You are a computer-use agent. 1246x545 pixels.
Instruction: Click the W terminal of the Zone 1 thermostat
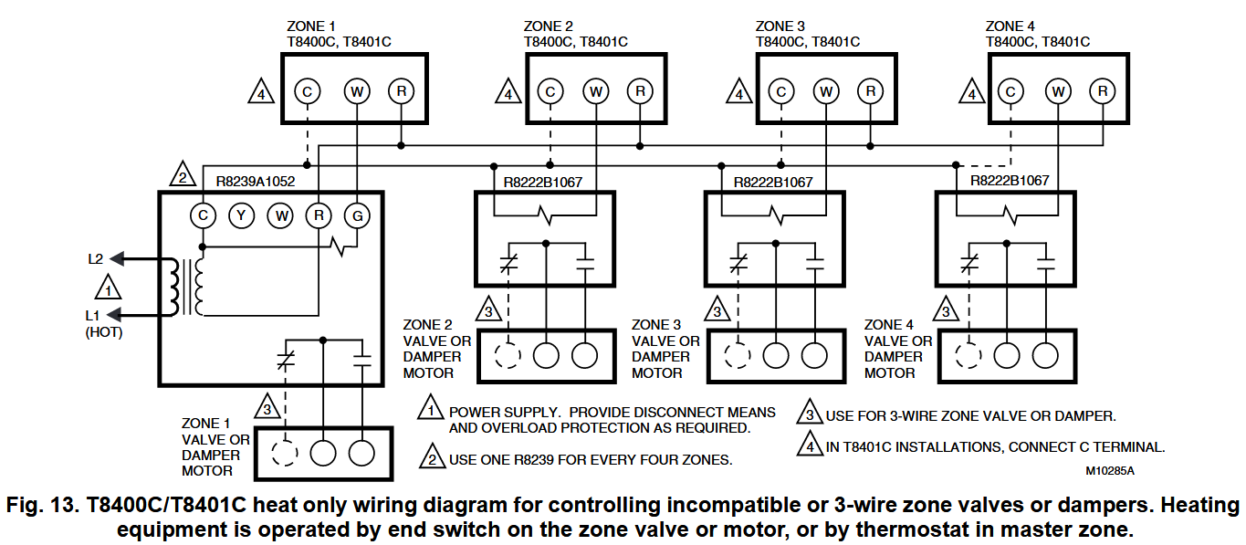(355, 91)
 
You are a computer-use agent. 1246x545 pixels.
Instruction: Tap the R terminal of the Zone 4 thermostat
(1103, 91)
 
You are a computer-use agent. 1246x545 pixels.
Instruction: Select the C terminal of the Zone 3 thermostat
(780, 91)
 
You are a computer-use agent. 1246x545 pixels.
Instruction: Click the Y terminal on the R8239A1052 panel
(241, 215)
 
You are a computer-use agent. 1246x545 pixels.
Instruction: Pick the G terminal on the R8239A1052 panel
(356, 215)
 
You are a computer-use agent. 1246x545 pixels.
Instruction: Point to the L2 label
(96, 259)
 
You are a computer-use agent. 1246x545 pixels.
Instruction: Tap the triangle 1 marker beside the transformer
(109, 288)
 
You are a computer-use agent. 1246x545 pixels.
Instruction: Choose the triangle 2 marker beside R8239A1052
(182, 175)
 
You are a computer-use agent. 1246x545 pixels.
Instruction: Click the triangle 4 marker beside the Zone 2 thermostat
(507, 92)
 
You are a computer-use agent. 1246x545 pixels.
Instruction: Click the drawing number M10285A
(1110, 471)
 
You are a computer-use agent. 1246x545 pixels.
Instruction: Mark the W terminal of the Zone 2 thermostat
(595, 91)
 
